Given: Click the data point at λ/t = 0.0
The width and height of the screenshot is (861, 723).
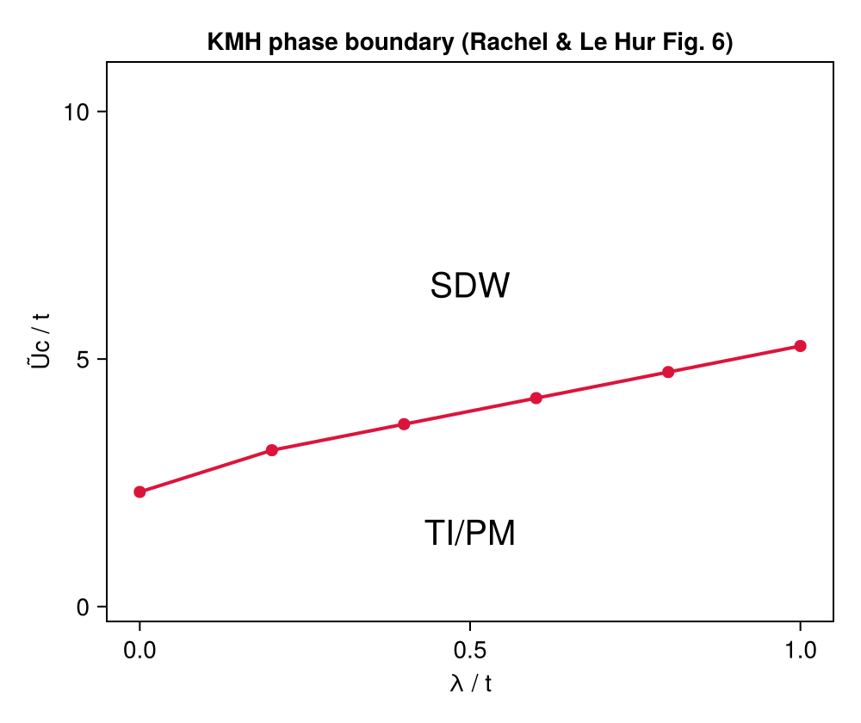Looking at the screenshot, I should coord(139,492).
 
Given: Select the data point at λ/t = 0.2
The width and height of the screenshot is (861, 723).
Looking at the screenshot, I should coord(272,450).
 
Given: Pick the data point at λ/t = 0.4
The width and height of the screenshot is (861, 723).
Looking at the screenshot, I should coord(404,424).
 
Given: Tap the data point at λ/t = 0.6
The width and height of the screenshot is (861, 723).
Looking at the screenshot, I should coord(536,398).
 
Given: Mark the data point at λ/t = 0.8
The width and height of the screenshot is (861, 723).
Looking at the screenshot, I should coord(668,372).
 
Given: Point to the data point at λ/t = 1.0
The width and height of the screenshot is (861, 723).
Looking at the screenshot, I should coord(800,346).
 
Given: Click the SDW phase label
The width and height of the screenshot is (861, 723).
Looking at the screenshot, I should coord(470,287).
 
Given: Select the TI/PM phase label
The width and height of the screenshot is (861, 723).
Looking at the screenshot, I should coord(470,534).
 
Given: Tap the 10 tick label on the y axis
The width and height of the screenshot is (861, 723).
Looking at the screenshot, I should coord(77,112).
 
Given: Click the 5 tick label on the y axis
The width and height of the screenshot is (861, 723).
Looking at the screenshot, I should coord(84,360).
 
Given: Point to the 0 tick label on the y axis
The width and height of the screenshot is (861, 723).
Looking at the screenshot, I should coord(84,608).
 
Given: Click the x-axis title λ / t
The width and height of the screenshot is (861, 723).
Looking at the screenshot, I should coord(470,684).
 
